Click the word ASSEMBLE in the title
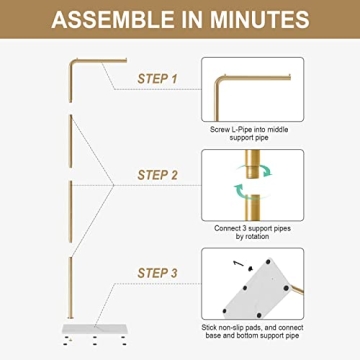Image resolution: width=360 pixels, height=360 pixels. point(107,19)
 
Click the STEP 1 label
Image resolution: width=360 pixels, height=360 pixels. point(157,77)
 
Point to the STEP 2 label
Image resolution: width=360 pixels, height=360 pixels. point(157,175)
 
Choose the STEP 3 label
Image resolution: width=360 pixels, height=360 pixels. point(157,272)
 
